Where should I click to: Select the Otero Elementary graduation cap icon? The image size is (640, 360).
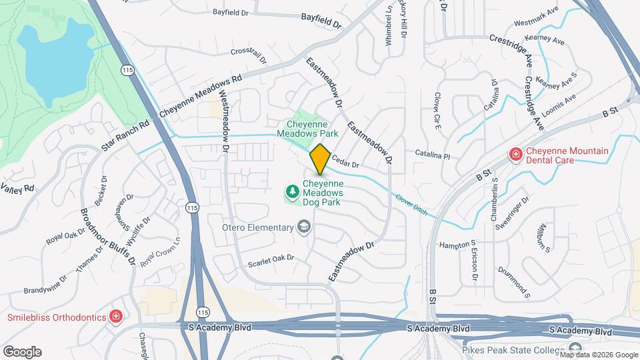click(304, 228)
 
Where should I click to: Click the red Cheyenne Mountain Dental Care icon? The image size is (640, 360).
click(515, 155)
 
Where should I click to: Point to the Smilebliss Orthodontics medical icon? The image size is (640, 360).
click(116, 315)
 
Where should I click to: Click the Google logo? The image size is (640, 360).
click(22, 351)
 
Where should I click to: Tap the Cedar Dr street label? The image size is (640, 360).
click(346, 163)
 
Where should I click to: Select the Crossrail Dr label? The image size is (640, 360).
click(248, 54)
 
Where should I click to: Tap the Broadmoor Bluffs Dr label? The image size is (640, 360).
click(109, 237)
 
